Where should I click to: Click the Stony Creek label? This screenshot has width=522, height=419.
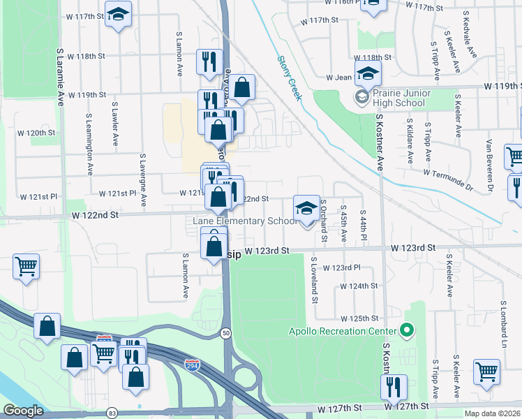(290, 78)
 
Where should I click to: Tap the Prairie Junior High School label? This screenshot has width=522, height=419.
(399, 98)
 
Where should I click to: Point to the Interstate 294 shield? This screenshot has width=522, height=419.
(192, 365)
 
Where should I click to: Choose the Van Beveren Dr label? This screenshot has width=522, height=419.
(490, 166)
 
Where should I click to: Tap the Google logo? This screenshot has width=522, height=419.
(23, 411)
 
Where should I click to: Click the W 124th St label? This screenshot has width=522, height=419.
(359, 286)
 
